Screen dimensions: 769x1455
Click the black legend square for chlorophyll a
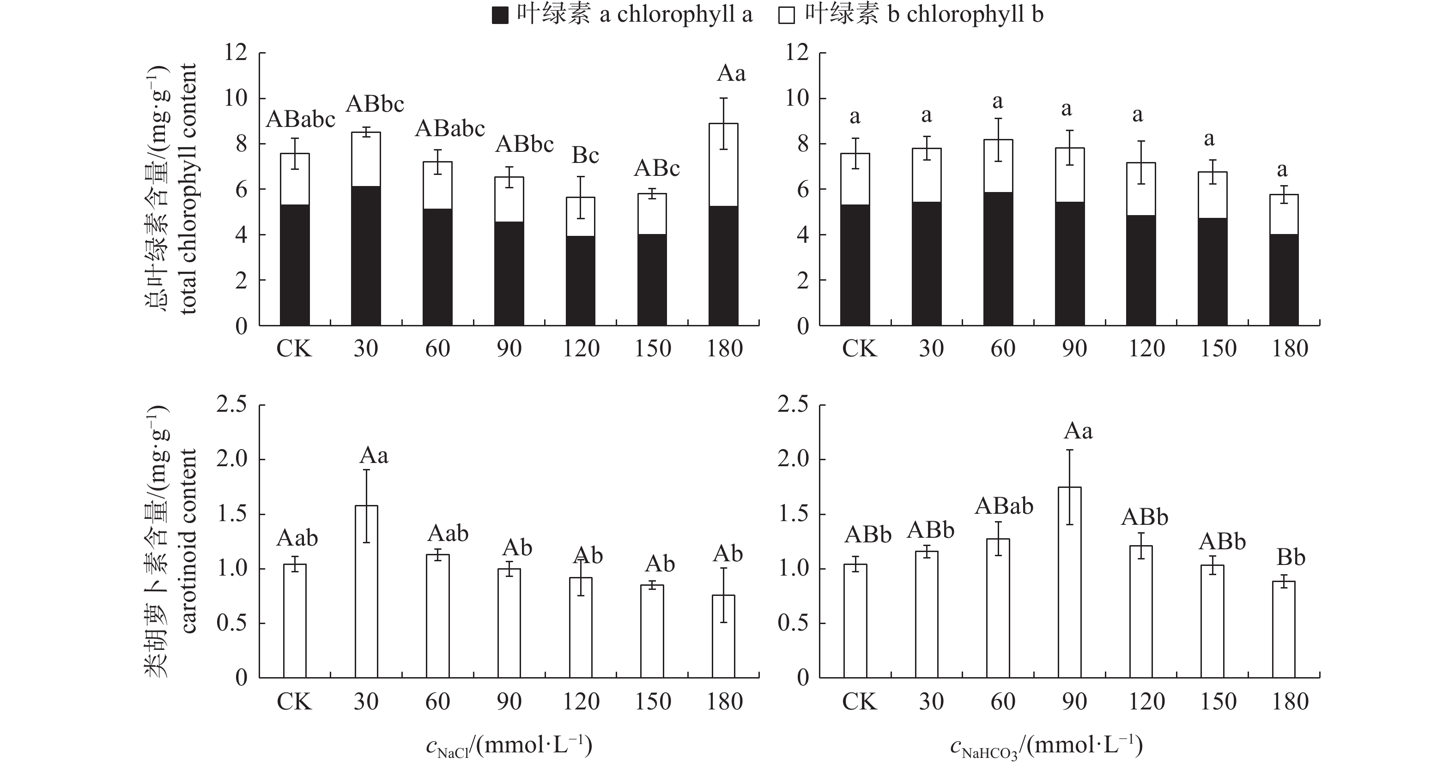[500, 16]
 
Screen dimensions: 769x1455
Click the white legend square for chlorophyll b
[786, 16]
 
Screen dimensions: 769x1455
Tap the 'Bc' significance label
[585, 155]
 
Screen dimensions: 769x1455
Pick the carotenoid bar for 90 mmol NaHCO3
[1069, 582]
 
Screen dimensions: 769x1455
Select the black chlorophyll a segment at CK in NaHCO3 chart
[855, 265]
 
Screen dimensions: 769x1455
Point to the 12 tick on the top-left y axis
[236, 53]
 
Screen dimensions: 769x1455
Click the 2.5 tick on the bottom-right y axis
[793, 404]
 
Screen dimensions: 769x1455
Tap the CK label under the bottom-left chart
[294, 702]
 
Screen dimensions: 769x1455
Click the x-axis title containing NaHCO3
[1046, 746]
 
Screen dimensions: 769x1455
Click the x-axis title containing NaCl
[509, 746]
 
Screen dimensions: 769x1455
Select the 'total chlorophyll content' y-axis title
[188, 189]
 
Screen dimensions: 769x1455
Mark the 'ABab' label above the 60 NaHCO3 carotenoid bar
[1004, 506]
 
